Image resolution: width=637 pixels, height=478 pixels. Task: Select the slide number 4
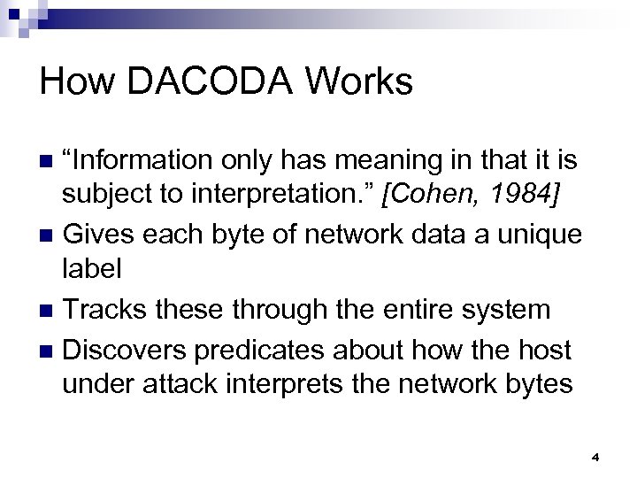595,457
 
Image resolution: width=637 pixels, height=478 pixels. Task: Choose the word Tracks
106,310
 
